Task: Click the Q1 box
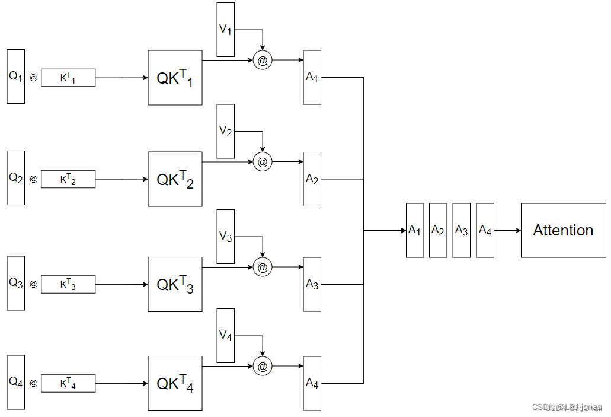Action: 15,77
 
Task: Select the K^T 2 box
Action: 68,179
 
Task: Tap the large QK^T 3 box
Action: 175,284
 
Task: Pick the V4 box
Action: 225,336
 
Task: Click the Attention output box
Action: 563,230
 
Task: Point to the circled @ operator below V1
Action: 263,60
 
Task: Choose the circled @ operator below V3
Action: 263,267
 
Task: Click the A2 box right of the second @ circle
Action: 312,179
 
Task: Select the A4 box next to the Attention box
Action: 485,230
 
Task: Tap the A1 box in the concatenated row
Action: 414,230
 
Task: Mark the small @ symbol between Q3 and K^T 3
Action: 33,284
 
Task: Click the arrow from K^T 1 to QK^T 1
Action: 121,78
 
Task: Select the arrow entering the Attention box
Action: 507,230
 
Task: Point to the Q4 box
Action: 15,383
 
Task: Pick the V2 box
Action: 225,131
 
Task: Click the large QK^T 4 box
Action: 175,383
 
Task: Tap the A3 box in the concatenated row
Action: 461,230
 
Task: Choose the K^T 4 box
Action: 68,384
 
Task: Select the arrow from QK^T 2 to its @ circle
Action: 228,161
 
